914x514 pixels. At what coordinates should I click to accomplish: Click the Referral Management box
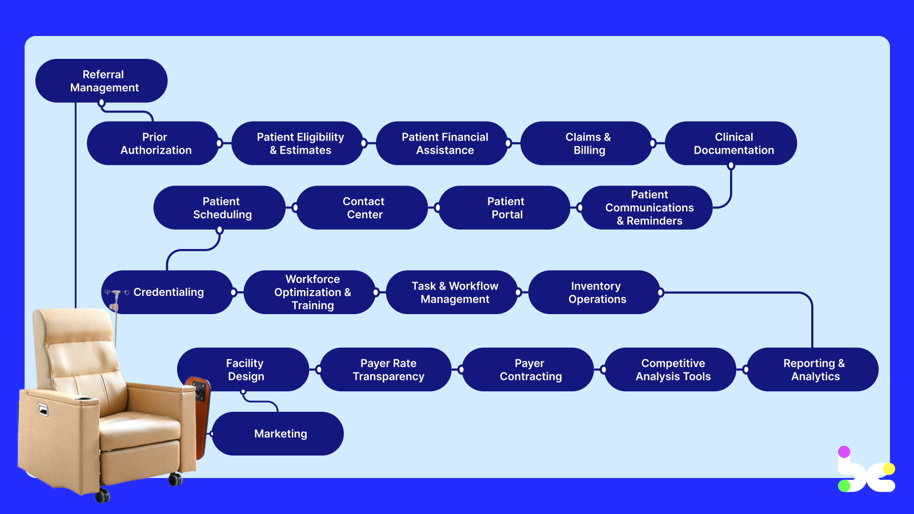(x=102, y=81)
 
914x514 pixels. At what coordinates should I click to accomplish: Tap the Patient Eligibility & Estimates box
(x=298, y=143)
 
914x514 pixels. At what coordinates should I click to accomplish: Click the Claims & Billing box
(x=587, y=143)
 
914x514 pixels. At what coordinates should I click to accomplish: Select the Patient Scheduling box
(x=220, y=208)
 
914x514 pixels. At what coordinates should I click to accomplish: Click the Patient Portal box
(x=504, y=208)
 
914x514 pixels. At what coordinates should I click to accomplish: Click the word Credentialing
(x=169, y=292)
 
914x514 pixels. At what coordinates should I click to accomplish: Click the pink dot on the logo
(x=844, y=452)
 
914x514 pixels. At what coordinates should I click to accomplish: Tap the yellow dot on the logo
(x=888, y=469)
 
